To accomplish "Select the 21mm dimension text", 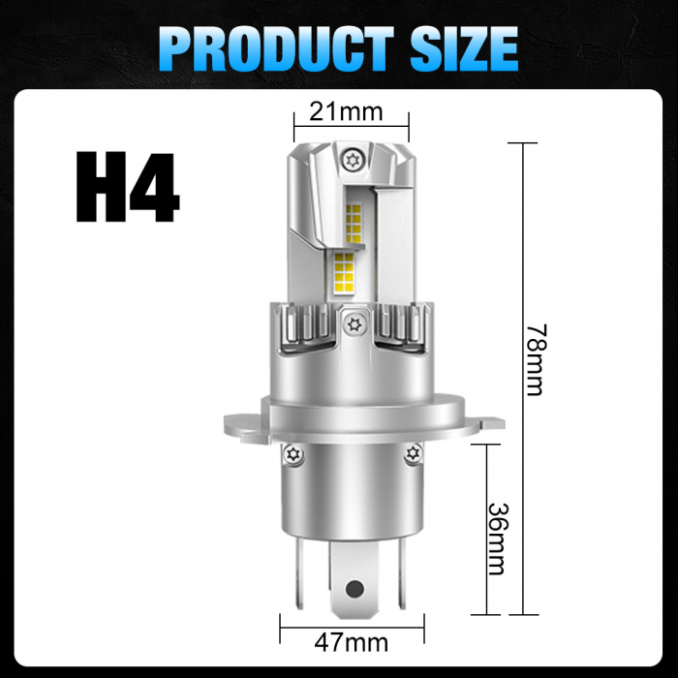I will pyautogui.click(x=346, y=111).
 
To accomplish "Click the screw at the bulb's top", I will pyautogui.click(x=351, y=157).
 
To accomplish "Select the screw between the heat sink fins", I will pyautogui.click(x=354, y=324).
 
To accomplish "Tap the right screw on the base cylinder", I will pyautogui.click(x=414, y=452).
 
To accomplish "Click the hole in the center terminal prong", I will pyautogui.click(x=354, y=587).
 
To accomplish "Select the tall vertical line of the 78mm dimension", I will pyautogui.click(x=523, y=378).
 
